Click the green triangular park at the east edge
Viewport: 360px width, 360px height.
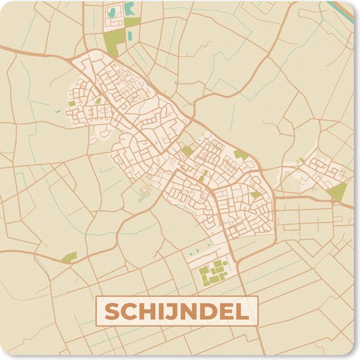338,192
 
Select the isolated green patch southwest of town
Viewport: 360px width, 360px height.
70,256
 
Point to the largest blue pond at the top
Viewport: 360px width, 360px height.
130,9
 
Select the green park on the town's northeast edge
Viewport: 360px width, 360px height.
241,155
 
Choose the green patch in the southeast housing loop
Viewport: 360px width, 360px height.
255,194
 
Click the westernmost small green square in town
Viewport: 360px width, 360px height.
72,103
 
